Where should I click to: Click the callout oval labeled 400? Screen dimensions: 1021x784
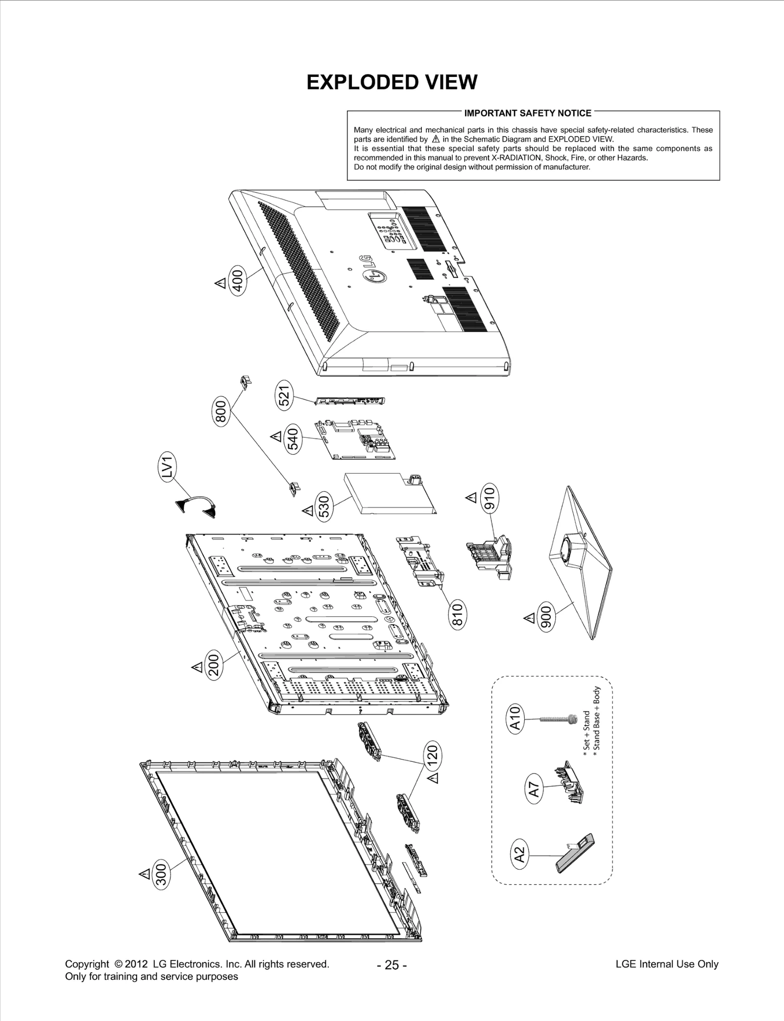(238, 280)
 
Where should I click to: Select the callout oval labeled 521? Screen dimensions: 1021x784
(284, 395)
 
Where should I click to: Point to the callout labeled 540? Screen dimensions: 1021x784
(293, 439)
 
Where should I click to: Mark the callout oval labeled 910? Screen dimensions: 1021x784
(489, 497)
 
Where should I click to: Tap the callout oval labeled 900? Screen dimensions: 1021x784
(546, 618)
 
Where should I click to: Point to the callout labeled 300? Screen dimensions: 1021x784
(161, 875)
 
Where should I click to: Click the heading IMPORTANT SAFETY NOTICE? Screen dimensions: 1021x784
(527, 113)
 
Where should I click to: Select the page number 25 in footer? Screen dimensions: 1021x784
(392, 965)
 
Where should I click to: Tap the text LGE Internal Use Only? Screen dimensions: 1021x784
(666, 964)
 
